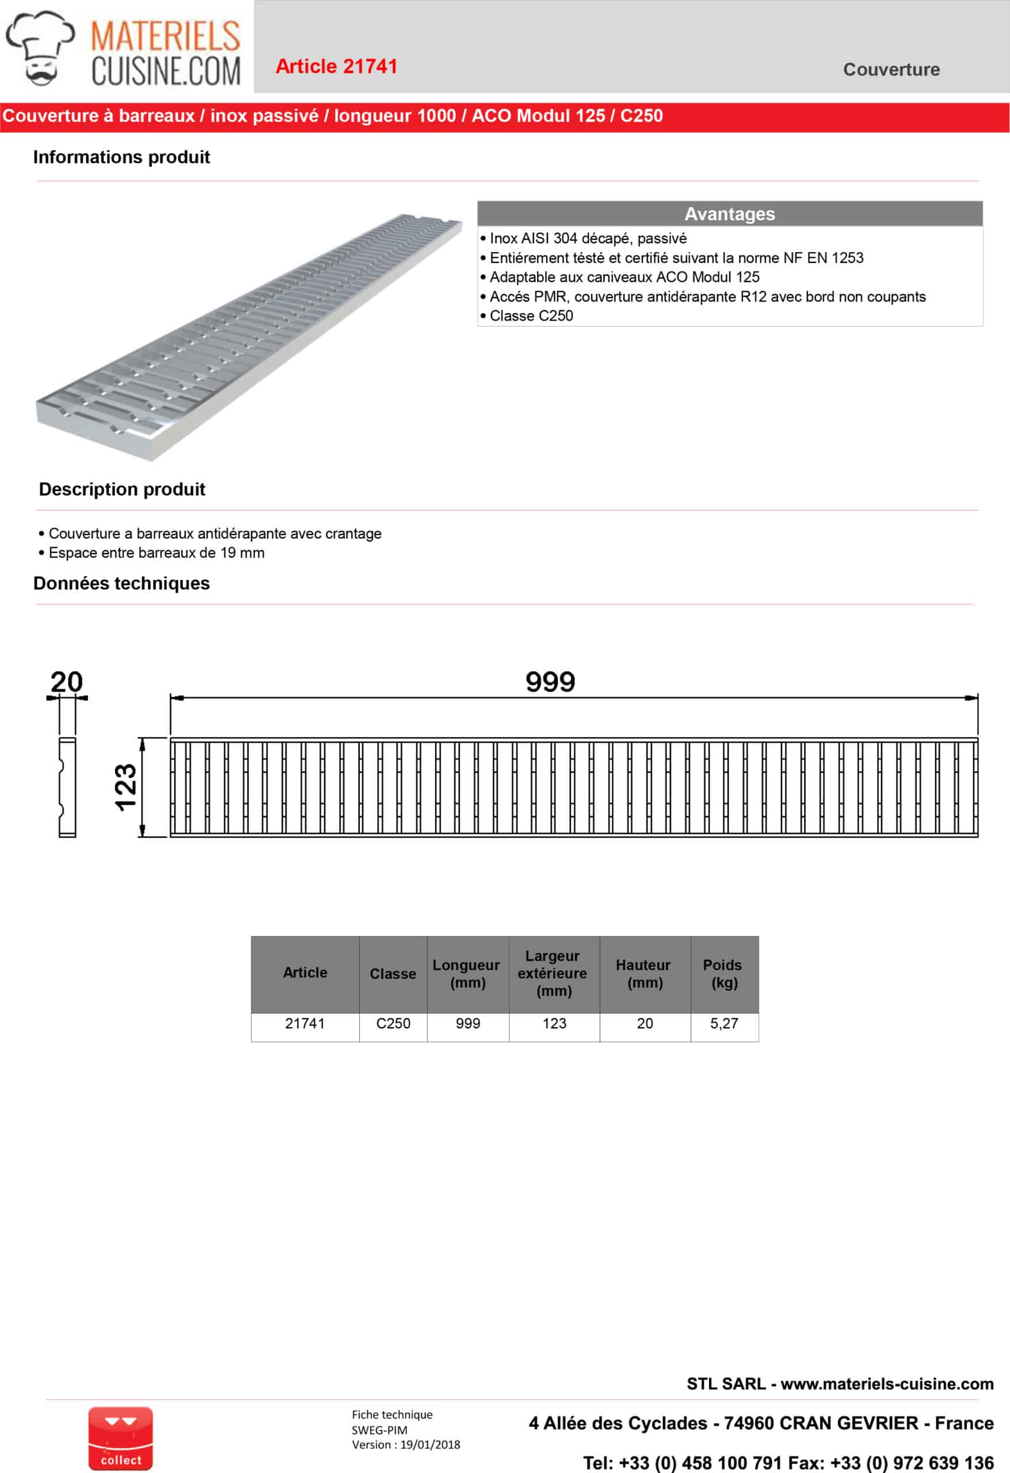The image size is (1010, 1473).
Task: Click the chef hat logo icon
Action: pyautogui.click(x=40, y=48)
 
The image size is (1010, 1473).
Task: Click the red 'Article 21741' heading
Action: pyautogui.click(x=336, y=67)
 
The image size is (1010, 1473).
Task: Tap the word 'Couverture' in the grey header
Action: pyautogui.click(x=891, y=70)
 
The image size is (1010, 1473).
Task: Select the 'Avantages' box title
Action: pyautogui.click(x=729, y=213)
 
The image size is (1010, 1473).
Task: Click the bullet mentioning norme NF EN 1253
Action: pyautogui.click(x=676, y=258)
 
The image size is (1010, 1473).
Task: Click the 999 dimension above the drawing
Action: pyautogui.click(x=550, y=682)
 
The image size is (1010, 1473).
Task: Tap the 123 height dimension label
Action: pyautogui.click(x=125, y=787)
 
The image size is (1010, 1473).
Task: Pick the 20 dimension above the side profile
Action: pyautogui.click(x=67, y=682)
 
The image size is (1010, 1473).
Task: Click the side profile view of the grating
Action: pyautogui.click(x=67, y=787)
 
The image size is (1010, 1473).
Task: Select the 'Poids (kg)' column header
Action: pyautogui.click(x=723, y=974)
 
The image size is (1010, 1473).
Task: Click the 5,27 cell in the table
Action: pyautogui.click(x=723, y=1024)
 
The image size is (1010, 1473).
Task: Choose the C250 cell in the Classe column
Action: pyautogui.click(x=393, y=1024)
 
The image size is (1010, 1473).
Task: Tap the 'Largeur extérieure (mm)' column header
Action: pyautogui.click(x=553, y=974)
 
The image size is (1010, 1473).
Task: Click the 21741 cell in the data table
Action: pyautogui.click(x=305, y=1024)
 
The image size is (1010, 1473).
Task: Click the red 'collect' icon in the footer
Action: pyautogui.click(x=120, y=1439)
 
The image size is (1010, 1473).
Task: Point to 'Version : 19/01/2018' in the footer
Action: pyautogui.click(x=406, y=1444)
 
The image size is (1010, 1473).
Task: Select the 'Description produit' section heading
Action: pyautogui.click(x=122, y=489)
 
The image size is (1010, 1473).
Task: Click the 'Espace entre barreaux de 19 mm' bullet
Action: pyautogui.click(x=156, y=553)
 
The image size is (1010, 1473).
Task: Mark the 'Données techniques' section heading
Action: pyautogui.click(x=121, y=583)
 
